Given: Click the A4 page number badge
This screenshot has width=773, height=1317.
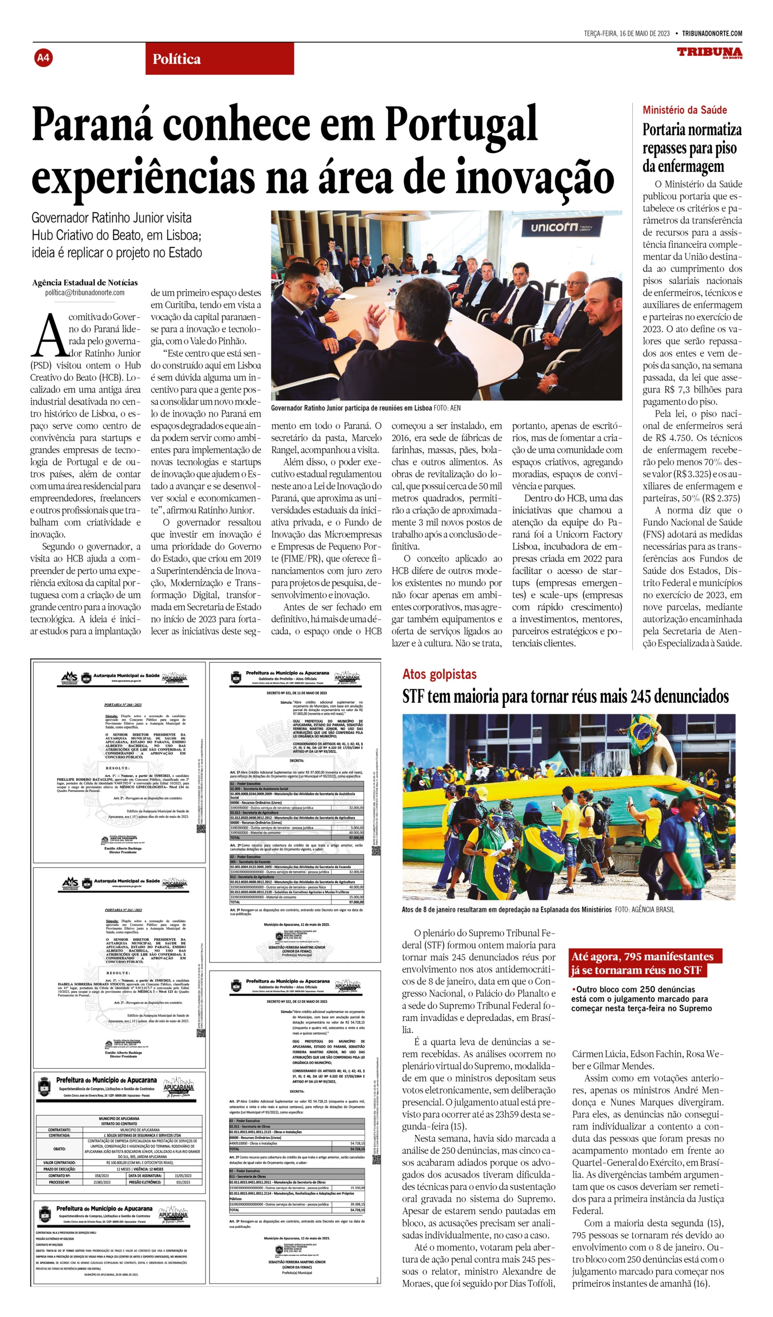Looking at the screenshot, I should point(43,58).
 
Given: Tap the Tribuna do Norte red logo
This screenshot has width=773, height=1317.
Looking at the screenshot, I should point(709,53).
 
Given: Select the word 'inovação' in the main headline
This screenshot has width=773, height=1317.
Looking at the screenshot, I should point(534,178).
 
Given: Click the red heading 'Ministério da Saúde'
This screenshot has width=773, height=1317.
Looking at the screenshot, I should point(684,110).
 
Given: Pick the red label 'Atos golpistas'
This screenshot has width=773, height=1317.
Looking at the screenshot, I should point(439,674).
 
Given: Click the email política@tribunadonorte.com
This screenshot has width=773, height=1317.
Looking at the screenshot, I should point(85,293).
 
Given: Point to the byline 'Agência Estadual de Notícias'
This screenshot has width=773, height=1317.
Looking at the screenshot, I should point(85,282).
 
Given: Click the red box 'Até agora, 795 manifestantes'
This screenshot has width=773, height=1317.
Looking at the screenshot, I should point(642,957).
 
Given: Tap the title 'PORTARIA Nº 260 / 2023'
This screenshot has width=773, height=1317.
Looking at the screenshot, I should point(123,704).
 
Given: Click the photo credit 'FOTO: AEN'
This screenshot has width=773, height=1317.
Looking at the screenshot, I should point(447,408).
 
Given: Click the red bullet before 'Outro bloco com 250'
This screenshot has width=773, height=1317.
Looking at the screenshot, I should point(573,990).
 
